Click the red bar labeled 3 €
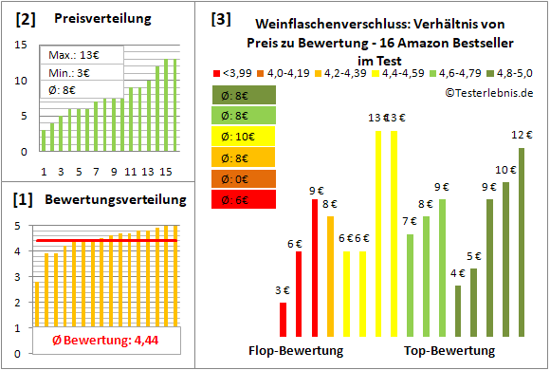(x=283, y=320)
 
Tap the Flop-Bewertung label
(x=296, y=351)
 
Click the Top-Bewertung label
(x=449, y=351)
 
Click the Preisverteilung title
(x=92, y=19)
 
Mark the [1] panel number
(x=26, y=200)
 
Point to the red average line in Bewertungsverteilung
(x=104, y=240)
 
